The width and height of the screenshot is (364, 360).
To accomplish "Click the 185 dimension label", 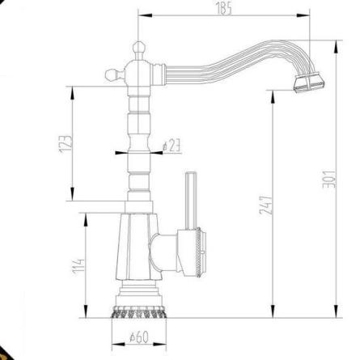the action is [x=224, y=9].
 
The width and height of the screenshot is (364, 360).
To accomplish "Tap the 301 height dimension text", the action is [x=329, y=180].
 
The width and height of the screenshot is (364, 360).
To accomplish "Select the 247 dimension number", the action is [x=266, y=205].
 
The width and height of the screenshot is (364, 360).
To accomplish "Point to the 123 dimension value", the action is [x=66, y=143].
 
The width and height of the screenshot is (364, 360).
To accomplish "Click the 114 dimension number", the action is [x=78, y=266].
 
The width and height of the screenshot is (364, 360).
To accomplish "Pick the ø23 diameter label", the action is [x=171, y=146].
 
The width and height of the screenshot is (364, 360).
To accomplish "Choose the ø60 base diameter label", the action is [x=139, y=337].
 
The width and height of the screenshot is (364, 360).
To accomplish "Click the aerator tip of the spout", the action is [x=309, y=82].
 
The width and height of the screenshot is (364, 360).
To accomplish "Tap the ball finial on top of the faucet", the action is [x=139, y=48].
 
